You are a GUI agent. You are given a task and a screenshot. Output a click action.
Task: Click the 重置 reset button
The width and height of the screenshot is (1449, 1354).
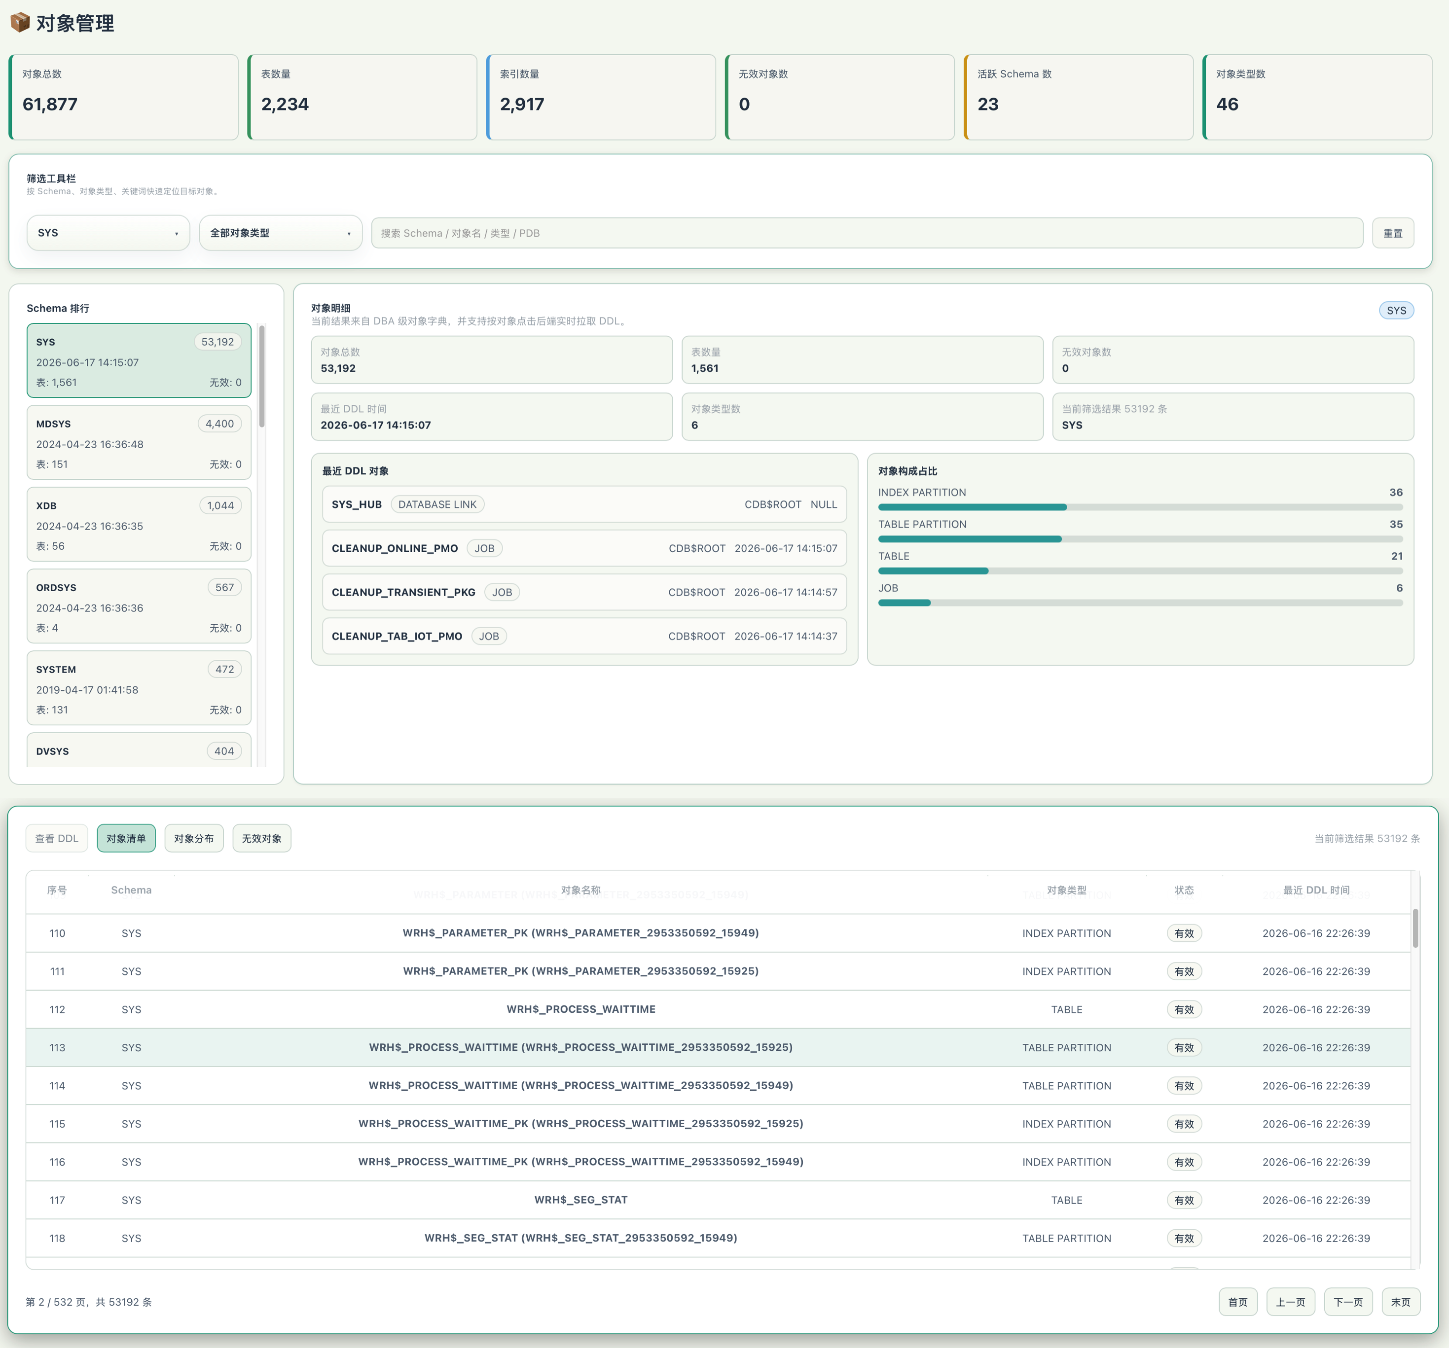pos(1392,233)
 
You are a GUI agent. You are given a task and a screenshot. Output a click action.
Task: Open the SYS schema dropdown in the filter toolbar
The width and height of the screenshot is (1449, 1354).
pos(108,233)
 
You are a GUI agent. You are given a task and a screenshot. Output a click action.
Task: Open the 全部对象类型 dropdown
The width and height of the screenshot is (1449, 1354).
pos(281,233)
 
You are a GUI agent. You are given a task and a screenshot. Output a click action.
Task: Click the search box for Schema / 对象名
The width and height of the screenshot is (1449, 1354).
pos(867,233)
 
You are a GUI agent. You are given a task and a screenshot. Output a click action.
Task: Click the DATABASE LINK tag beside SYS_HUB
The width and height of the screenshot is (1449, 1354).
pos(437,504)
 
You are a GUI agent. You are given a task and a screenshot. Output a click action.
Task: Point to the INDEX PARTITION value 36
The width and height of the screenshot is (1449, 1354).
pos(1396,493)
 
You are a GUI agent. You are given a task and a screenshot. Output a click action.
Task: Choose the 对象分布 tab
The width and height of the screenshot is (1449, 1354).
pos(194,839)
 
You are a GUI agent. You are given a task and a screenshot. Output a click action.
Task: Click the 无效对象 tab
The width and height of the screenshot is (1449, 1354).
pos(262,839)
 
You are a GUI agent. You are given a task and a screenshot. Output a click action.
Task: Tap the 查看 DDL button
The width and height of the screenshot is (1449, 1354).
pos(57,839)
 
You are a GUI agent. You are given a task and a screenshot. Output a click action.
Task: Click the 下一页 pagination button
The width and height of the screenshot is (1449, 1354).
pos(1348,1302)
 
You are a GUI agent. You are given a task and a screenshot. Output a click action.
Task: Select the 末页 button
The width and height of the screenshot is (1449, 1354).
pos(1400,1302)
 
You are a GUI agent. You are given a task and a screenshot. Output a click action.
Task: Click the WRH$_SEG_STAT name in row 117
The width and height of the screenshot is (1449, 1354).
pos(581,1200)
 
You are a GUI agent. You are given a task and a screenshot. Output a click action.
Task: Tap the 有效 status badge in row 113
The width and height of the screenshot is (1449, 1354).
pos(1184,1048)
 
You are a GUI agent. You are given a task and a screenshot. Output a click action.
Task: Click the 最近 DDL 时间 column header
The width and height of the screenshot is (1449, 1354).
pos(1316,891)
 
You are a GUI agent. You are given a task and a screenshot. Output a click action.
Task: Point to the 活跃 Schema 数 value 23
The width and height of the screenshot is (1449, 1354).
pos(988,104)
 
